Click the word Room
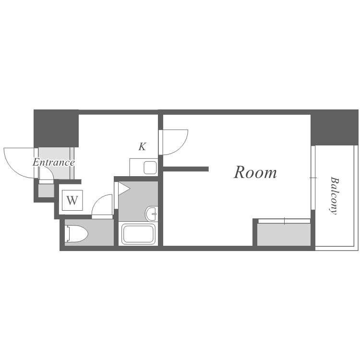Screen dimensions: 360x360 [255, 172]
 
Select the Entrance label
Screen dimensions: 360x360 [53, 162]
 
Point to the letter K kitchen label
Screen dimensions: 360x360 [142, 147]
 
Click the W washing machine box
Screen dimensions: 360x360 [72, 200]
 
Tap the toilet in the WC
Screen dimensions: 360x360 [77, 234]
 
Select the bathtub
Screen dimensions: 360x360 [139, 234]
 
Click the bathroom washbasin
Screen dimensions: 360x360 [152, 213]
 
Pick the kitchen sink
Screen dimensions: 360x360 [150, 168]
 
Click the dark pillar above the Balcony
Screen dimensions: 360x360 [335, 127]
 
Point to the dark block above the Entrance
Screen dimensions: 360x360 [56, 128]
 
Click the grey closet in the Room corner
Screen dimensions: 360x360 [284, 234]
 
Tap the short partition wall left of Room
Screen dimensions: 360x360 [186, 169]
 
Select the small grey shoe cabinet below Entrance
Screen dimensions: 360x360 [46, 191]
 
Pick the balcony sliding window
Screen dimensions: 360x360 [313, 178]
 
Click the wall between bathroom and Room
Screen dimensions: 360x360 [160, 211]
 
